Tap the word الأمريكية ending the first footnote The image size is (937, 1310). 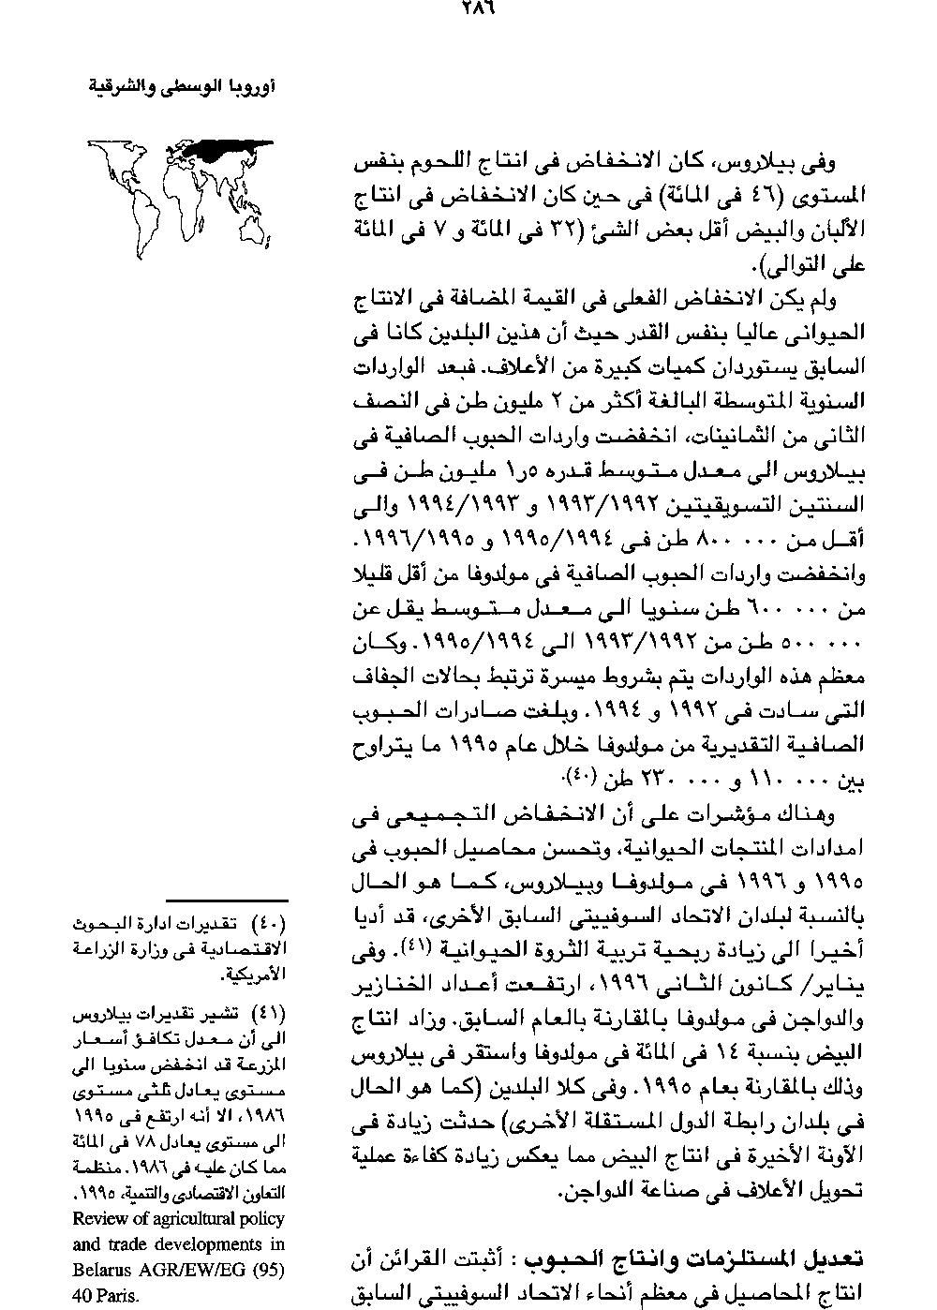[254, 975]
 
